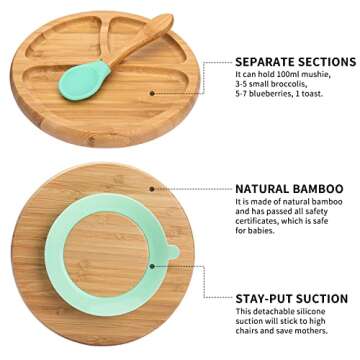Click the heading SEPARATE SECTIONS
tap(291, 60)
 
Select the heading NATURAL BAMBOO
tap(289, 188)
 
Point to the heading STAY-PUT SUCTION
tap(292, 298)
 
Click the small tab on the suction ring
tap(172, 249)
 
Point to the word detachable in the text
tap(281, 312)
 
